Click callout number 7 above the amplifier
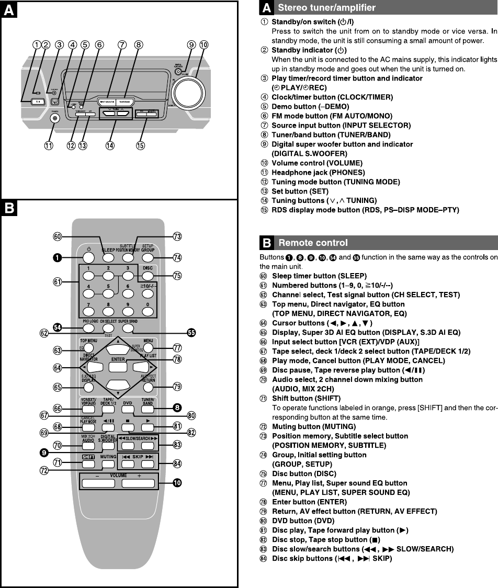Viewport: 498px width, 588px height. [x=122, y=46]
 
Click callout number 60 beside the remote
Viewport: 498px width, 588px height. [x=59, y=236]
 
